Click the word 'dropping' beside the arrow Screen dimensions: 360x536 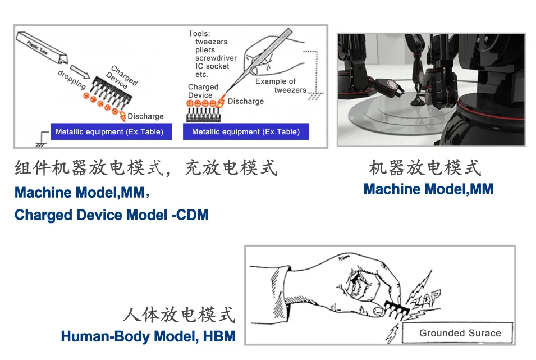(x=72, y=80)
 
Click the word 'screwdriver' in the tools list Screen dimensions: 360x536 (x=216, y=58)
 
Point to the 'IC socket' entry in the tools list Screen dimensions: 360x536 (x=212, y=66)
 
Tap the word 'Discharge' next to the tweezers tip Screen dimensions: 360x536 (x=246, y=101)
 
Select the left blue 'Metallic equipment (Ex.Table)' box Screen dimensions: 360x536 (x=109, y=132)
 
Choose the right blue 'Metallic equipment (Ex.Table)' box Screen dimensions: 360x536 (x=246, y=132)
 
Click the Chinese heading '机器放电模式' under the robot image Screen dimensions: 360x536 (x=425, y=167)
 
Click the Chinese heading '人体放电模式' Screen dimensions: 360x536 (x=178, y=315)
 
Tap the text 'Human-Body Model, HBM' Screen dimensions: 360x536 (x=148, y=336)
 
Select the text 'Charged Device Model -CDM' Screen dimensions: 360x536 (x=111, y=215)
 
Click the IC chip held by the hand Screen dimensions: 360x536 (x=395, y=308)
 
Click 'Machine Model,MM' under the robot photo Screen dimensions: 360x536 (x=428, y=189)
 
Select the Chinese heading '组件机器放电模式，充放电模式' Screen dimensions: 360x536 (x=146, y=167)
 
